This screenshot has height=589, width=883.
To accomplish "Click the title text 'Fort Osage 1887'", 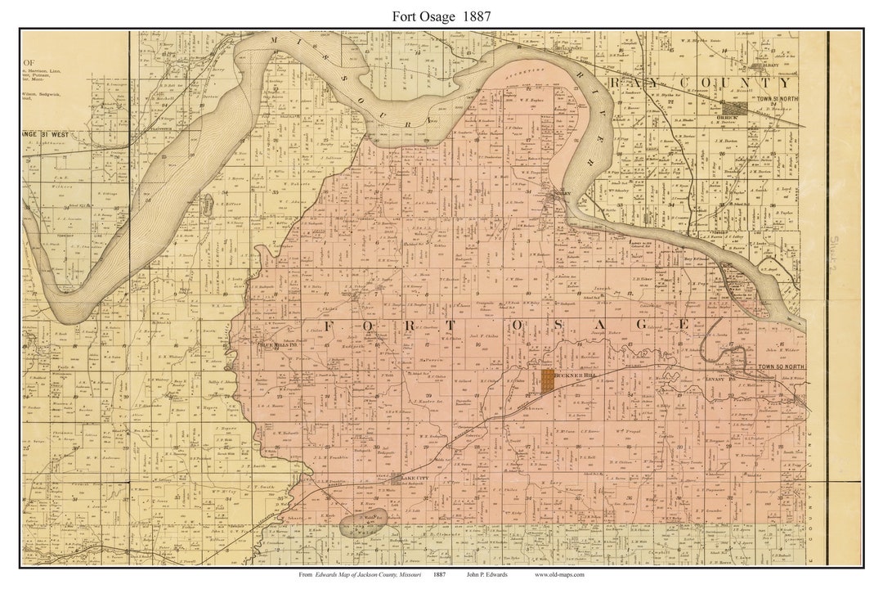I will coord(441,16).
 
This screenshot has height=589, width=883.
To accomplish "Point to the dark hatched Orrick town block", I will coord(733,107).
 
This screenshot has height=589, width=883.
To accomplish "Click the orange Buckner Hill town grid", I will coord(547,380).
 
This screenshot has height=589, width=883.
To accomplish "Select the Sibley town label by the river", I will coord(558,194).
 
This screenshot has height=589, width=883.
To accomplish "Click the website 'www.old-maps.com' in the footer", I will coord(559,574).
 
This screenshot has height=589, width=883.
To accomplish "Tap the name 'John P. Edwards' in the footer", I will coord(487,574).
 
